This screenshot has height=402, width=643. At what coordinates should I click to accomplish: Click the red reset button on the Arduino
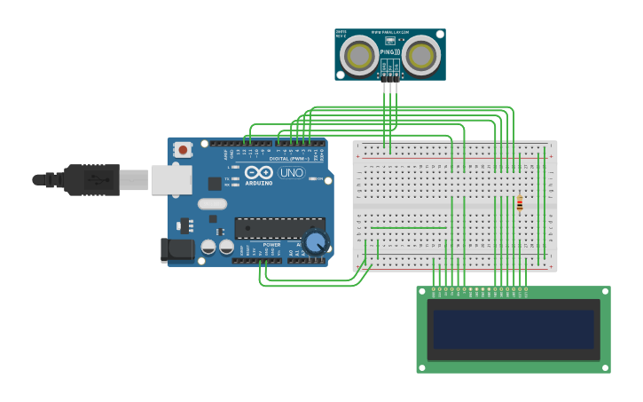pyautogui.click(x=183, y=150)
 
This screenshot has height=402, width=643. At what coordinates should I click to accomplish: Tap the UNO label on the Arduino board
pyautogui.click(x=291, y=172)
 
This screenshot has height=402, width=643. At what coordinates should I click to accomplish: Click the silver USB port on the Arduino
pyautogui.click(x=171, y=180)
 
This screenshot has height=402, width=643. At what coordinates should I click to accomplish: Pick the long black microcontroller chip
pyautogui.click(x=278, y=227)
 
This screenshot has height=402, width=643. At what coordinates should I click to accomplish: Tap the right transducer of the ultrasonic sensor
pyautogui.click(x=421, y=57)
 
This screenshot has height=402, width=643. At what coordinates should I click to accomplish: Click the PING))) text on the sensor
pyautogui.click(x=390, y=52)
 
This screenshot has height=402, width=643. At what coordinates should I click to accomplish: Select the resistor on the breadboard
pyautogui.click(x=520, y=203)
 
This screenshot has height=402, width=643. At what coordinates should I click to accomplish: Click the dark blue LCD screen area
pyautogui.click(x=514, y=329)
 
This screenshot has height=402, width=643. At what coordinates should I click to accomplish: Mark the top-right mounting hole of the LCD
pyautogui.click(x=605, y=291)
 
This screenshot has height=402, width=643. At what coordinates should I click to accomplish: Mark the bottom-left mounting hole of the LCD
pyautogui.click(x=422, y=367)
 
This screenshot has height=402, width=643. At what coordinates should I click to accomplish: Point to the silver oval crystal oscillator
pyautogui.click(x=213, y=204)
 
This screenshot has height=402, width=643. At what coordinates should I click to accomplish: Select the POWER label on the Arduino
pyautogui.click(x=271, y=245)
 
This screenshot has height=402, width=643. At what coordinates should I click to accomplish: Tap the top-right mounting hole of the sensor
pyautogui.click(x=441, y=33)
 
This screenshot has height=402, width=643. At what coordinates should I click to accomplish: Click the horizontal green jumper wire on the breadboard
pyautogui.click(x=409, y=228)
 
